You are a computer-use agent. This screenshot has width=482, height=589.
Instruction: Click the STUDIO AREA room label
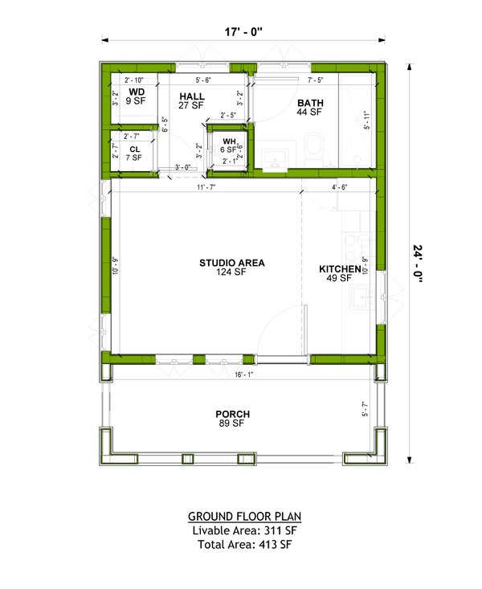click(x=232, y=262)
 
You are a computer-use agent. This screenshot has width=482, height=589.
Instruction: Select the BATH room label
click(x=310, y=103)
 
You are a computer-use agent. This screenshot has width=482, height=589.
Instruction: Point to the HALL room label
click(x=191, y=96)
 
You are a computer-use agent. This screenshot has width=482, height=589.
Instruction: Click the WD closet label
click(x=138, y=92)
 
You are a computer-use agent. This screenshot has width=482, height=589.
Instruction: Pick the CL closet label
click(x=134, y=149)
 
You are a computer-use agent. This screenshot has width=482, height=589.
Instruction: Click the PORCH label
click(x=232, y=414)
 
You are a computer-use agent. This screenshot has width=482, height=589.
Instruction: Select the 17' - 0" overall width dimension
click(x=242, y=32)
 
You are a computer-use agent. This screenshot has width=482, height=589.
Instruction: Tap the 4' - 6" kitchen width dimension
click(x=341, y=187)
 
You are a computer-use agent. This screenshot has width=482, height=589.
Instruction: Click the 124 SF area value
click(x=232, y=272)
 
